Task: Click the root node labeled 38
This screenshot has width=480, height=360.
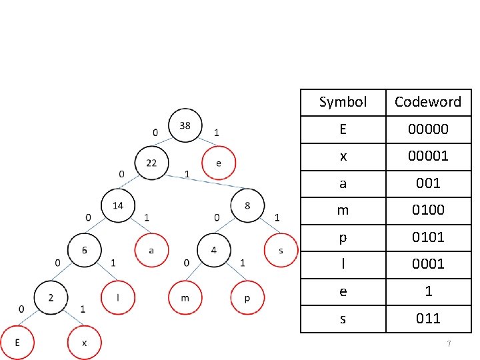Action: tap(185, 125)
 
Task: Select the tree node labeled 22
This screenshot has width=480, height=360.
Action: tap(152, 163)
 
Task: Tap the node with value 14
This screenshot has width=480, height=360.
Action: tap(117, 205)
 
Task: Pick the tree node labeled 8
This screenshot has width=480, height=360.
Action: tap(247, 205)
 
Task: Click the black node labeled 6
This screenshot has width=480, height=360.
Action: tap(85, 250)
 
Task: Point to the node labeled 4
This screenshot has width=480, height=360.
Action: tap(214, 250)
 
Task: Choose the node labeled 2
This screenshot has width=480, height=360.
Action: tap(51, 297)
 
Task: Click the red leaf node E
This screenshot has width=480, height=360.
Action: tap(17, 343)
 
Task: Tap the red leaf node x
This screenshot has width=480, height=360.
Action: tap(84, 343)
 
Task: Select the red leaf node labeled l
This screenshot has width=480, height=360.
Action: tap(118, 297)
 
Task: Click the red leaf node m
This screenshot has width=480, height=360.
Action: tap(185, 297)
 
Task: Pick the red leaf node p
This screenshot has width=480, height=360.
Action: tap(247, 297)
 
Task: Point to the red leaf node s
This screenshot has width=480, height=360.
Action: tap(281, 250)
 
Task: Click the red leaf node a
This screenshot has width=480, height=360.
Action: tap(151, 250)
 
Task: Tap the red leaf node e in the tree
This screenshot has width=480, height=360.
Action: tap(219, 163)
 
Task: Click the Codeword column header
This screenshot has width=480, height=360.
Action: tap(428, 102)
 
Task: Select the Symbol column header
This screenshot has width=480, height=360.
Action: tap(343, 102)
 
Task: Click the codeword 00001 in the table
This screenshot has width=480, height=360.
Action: tap(428, 156)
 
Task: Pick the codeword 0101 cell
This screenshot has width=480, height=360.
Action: tap(428, 237)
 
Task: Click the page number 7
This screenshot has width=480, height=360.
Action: tap(449, 343)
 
